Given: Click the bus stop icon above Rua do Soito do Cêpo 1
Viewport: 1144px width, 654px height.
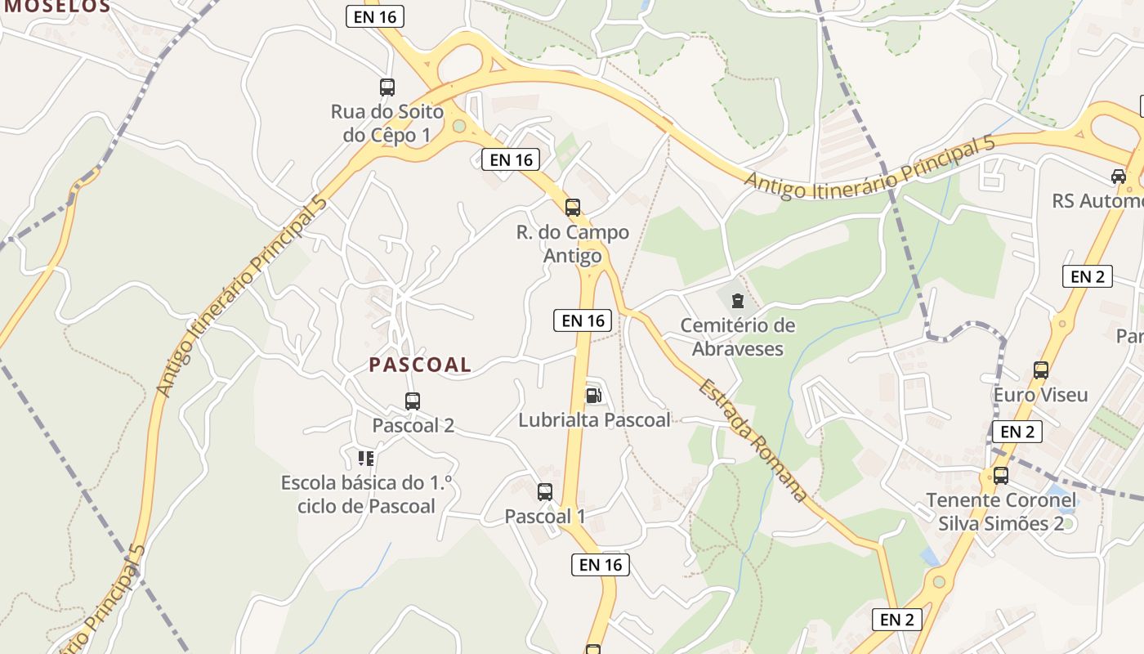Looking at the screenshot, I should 387,87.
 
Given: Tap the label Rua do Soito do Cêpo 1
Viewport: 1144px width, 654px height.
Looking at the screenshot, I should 387,123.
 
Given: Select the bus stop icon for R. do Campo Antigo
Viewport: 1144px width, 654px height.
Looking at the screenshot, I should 573,208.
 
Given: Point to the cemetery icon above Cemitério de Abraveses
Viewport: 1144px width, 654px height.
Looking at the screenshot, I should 737,301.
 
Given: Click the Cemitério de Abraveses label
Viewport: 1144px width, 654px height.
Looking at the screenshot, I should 738,337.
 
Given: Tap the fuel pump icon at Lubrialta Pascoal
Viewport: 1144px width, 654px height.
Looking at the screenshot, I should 593,396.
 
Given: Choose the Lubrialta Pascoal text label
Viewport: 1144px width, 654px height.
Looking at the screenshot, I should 594,420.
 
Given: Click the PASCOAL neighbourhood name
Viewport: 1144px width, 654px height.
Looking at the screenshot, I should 420,365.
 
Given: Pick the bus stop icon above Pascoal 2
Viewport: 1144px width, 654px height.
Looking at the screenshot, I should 413,401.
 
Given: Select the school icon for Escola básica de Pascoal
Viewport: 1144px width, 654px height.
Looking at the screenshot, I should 365,458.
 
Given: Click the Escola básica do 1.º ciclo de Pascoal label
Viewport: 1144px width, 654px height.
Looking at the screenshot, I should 366,494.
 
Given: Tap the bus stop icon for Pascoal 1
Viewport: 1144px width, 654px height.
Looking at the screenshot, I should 545,492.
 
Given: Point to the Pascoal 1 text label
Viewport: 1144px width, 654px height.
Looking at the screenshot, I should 545,517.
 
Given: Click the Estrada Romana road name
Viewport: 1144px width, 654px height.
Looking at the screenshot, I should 753,440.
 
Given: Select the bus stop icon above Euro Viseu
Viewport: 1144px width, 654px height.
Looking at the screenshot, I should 1041,370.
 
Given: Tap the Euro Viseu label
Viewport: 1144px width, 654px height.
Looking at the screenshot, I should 1041,395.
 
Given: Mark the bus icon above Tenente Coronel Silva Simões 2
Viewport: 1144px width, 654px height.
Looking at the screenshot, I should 1001,476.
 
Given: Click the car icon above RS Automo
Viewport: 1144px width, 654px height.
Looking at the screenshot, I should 1118,177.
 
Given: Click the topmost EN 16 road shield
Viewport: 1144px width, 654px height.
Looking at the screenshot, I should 375,16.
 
